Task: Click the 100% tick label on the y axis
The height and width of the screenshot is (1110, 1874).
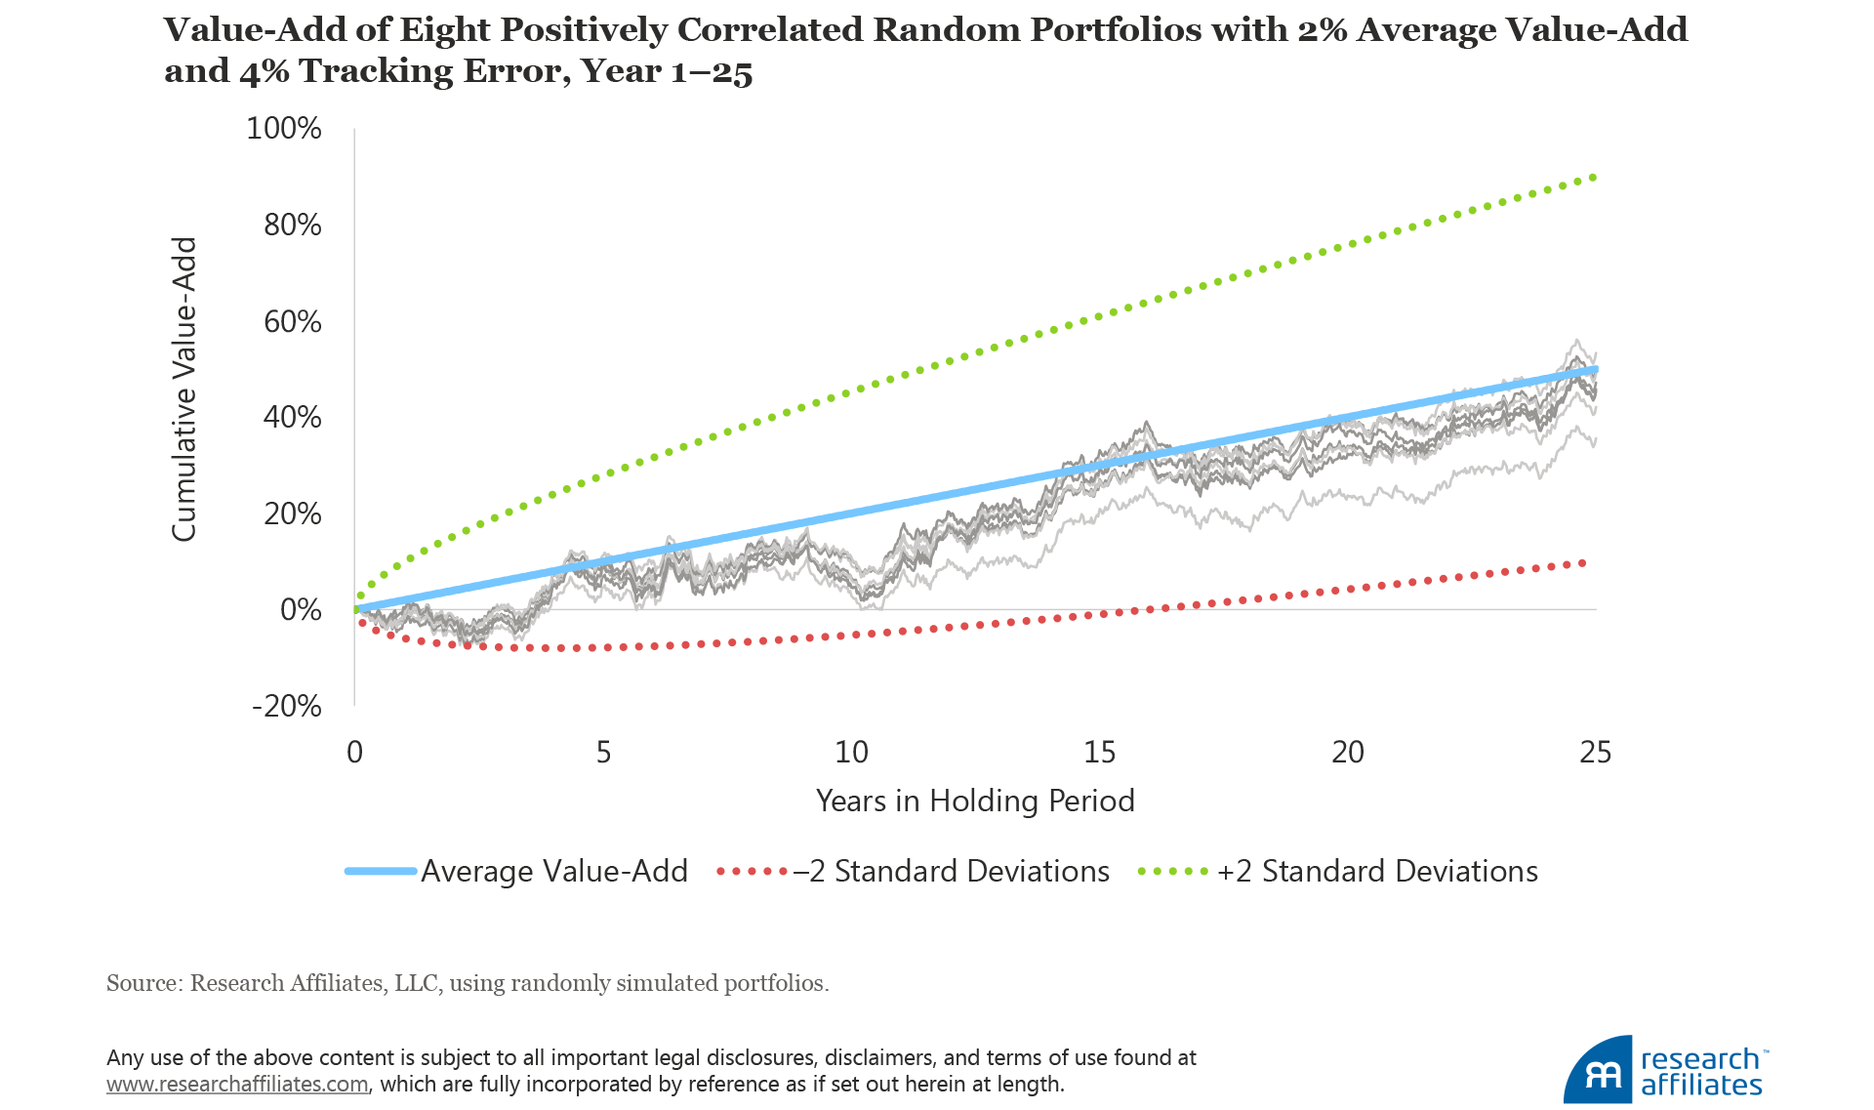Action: (x=284, y=129)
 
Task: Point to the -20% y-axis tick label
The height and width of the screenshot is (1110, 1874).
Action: (x=287, y=706)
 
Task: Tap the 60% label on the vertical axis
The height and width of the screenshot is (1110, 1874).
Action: (x=292, y=321)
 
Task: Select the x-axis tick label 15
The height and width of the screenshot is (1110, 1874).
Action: (x=1099, y=752)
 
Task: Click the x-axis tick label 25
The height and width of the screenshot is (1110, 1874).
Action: (x=1595, y=752)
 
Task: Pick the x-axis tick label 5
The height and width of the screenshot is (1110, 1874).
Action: (x=603, y=752)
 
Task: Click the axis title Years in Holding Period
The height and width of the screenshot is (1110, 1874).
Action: (x=975, y=801)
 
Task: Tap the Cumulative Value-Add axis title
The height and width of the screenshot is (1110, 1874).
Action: (x=184, y=389)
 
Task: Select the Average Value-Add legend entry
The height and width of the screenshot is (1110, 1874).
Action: (x=553, y=871)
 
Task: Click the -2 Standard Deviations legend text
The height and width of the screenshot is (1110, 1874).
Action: (x=952, y=871)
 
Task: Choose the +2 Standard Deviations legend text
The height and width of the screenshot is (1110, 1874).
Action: (x=1377, y=871)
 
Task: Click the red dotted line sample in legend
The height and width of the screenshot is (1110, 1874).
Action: (x=752, y=871)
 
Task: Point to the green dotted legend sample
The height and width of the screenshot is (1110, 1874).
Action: (x=1174, y=871)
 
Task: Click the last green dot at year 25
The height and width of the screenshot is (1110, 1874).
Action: (x=1594, y=177)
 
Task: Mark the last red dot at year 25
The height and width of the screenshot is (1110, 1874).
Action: (x=1582, y=563)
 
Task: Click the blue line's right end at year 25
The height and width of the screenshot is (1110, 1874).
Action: (x=1594, y=369)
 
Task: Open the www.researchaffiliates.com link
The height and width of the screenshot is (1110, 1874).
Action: (x=237, y=1085)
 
